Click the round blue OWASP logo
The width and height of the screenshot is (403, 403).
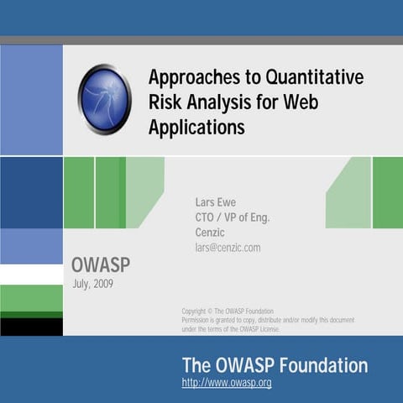pyautogui.click(x=105, y=99)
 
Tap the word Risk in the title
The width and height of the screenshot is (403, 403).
pyautogui.click(x=165, y=103)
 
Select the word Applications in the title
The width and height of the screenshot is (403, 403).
pyautogui.click(x=196, y=128)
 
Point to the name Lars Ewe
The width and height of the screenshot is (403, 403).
pyautogui.click(x=217, y=201)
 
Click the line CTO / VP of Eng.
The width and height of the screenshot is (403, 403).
pyautogui.click(x=232, y=217)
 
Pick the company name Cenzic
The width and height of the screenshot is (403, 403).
pyautogui.click(x=211, y=233)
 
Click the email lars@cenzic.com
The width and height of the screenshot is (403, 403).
pyautogui.click(x=228, y=248)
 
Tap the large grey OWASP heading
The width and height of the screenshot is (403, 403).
pyautogui.click(x=101, y=266)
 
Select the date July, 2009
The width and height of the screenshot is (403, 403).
pyautogui.click(x=94, y=284)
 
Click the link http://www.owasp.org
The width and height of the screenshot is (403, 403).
pyautogui.click(x=227, y=383)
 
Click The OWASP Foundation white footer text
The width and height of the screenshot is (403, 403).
pyautogui.click(x=275, y=365)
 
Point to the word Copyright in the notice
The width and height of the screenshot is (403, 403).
pyautogui.click(x=196, y=311)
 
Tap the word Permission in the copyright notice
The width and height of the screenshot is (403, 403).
pyautogui.click(x=199, y=320)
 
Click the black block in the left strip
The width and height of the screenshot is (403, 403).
pyautogui.click(x=31, y=326)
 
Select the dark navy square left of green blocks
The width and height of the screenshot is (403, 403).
pyautogui.click(x=31, y=192)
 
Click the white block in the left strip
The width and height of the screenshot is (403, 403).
pyautogui.click(x=31, y=275)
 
